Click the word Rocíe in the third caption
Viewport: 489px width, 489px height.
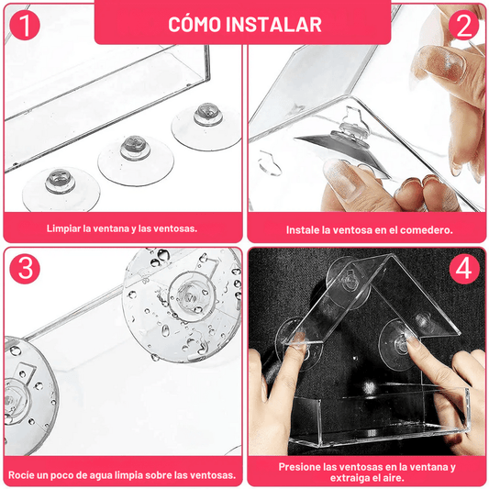pyautogui.click(x=25, y=475)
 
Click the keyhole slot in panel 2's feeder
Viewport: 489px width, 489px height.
pyautogui.click(x=267, y=165)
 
